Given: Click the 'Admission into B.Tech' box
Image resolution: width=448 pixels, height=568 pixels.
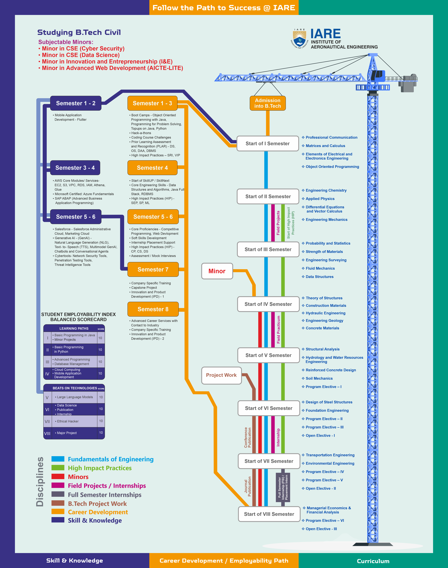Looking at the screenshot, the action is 268,103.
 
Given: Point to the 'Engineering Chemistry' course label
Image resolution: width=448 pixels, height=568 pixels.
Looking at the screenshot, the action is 326,190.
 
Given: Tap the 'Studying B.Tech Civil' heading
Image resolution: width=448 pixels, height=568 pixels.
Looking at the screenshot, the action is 79,33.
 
